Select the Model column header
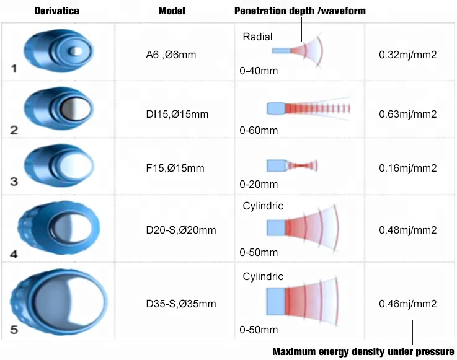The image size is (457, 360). (172, 11)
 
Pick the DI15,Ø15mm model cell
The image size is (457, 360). (172, 114)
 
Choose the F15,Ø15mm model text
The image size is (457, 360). (171, 168)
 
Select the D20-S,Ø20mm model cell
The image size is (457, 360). (177, 230)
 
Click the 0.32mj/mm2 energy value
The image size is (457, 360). (408, 55)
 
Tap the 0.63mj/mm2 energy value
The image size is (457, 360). (408, 114)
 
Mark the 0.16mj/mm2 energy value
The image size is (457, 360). (408, 168)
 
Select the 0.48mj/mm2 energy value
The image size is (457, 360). (408, 230)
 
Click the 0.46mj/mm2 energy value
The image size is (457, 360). (408, 304)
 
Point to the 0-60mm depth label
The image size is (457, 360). (259, 131)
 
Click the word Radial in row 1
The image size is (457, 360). (257, 37)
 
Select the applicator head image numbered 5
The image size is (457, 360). (59, 302)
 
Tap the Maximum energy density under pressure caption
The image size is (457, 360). (363, 351)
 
